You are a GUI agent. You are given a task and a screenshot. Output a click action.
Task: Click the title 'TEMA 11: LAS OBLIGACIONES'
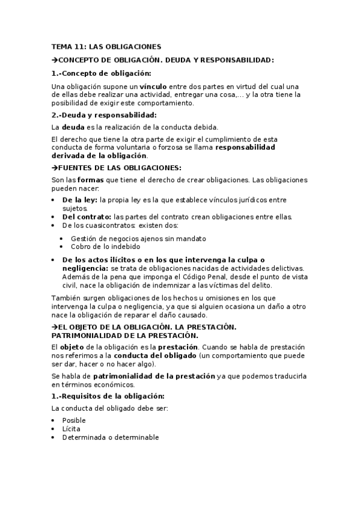tap(106, 46)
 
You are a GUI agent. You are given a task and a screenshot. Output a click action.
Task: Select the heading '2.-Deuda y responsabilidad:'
tap(104, 115)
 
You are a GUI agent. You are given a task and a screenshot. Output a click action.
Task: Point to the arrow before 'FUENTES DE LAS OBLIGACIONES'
tap(55, 168)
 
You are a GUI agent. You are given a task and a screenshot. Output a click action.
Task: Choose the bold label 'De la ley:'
tap(81, 200)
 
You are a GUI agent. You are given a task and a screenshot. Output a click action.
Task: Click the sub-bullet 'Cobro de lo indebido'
tap(105, 247)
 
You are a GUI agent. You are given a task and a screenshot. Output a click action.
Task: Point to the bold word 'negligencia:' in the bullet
tap(84, 268)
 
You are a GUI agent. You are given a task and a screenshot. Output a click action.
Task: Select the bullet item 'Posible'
tap(74, 420)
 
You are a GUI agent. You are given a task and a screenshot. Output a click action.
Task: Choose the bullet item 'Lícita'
tap(71, 429)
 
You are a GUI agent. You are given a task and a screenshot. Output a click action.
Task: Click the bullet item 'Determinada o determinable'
tap(110, 437)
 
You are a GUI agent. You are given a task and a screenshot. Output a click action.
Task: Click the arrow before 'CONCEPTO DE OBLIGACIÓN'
tap(55, 60)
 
